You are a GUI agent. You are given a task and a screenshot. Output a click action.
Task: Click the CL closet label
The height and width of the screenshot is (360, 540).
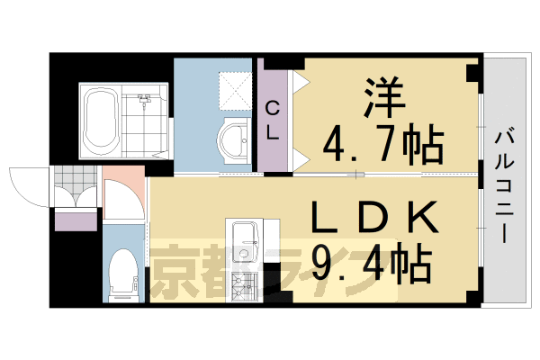point(273,120)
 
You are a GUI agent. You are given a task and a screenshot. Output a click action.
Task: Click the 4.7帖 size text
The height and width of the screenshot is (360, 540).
point(382,141)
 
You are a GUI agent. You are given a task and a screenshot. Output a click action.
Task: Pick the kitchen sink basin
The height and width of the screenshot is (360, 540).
point(244,238)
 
